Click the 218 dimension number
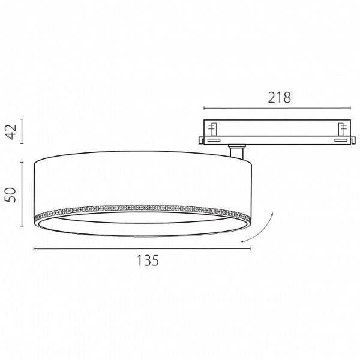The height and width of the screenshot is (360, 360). click(279, 98)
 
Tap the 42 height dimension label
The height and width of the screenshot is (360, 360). click(11, 132)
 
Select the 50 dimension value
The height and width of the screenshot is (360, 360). click(11, 195)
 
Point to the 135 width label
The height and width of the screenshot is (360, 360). click(148, 260)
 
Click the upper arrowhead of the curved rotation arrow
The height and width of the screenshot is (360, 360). click(272, 214)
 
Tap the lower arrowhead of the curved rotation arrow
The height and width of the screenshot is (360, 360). click(241, 241)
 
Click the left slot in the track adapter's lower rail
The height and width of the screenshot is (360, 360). click(214, 140)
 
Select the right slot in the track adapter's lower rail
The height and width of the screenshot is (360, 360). click(340, 140)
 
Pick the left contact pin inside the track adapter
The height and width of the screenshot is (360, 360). click(212, 130)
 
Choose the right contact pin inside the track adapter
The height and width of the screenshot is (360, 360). click(342, 130)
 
